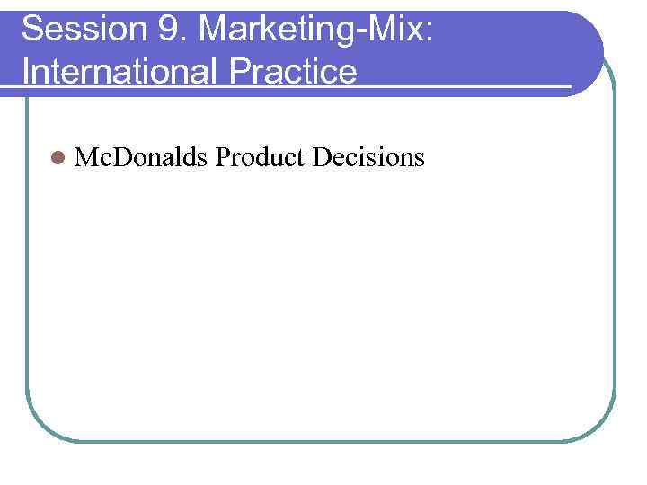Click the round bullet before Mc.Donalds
pyautogui.click(x=58, y=159)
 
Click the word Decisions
pyautogui.click(x=368, y=158)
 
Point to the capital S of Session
pyautogui.click(x=32, y=30)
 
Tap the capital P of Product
pyautogui.click(x=224, y=158)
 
